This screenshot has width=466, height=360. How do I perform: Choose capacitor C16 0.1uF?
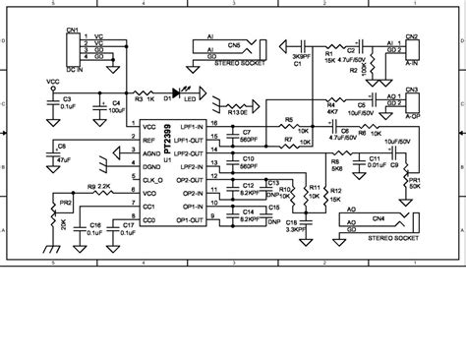94,228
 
